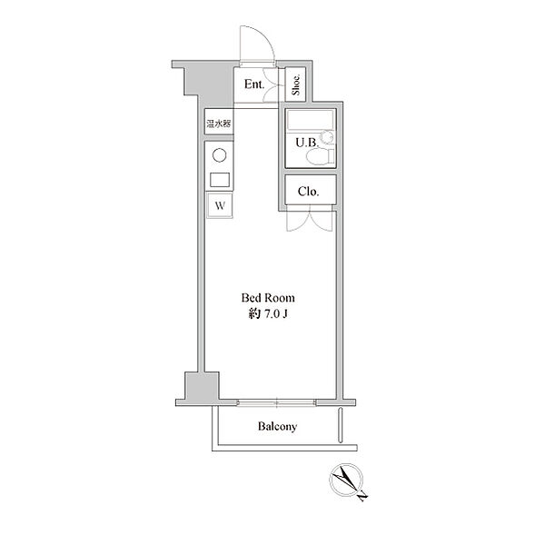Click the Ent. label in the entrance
pos(254,84)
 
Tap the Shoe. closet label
pos(296,84)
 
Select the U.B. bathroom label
pos(307,143)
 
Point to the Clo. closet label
pos(308,192)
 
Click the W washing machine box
pos(220,205)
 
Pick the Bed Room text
pos(268,298)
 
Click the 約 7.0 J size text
pos(268,314)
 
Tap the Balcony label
pos(277,427)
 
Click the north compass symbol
pos(346,480)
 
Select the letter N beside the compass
pos(362,496)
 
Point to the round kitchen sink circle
pos(219,155)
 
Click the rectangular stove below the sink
pos(220,180)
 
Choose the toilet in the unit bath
pos(320,155)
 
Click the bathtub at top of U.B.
pos(311,121)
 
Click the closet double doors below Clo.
pos(310,218)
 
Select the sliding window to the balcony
pos(277,402)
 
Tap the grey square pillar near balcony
pos(202,386)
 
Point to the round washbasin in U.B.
pos(327,136)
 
